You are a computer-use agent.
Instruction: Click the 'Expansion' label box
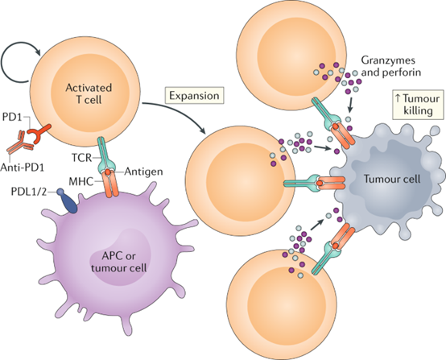click(x=194, y=96)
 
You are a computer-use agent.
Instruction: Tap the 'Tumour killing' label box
click(x=418, y=105)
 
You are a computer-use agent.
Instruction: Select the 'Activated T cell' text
click(x=89, y=93)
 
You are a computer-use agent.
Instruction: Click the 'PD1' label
click(x=12, y=117)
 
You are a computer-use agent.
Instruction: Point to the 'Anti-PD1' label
click(x=23, y=168)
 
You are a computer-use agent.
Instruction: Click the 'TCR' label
click(x=81, y=157)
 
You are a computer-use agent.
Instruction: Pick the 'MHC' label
click(x=82, y=181)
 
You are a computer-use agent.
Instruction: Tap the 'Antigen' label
click(x=143, y=172)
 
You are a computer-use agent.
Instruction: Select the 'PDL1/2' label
click(x=28, y=192)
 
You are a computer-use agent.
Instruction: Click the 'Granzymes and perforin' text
click(x=390, y=66)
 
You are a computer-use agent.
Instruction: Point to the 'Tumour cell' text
click(x=392, y=179)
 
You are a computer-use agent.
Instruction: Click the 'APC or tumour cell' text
click(x=119, y=262)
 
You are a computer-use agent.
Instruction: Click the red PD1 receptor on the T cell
click(x=39, y=133)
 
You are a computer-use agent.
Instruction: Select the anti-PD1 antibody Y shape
click(x=21, y=142)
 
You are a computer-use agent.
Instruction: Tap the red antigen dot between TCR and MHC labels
click(x=108, y=172)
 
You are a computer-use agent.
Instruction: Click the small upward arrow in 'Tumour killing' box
click(x=398, y=98)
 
